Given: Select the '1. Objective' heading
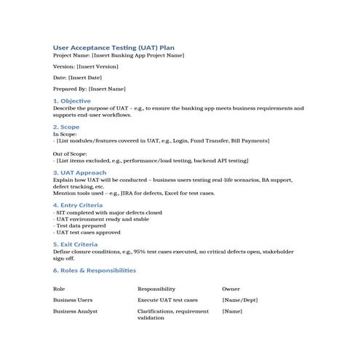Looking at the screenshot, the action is click(x=72, y=100).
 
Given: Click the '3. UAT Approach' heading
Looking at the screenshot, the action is click(x=80, y=173).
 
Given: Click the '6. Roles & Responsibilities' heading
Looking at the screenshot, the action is click(x=95, y=271).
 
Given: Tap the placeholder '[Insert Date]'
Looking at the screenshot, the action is click(x=85, y=77).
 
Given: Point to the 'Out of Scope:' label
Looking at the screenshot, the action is click(x=70, y=153).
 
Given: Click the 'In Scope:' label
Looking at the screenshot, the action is click(x=65, y=134).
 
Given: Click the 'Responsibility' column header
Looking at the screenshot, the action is click(x=156, y=289).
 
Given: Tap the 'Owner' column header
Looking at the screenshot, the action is click(x=231, y=289).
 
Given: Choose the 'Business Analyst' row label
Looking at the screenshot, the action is click(x=76, y=311).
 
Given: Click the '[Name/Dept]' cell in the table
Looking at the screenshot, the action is click(x=241, y=300).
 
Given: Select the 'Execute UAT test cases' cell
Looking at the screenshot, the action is click(x=167, y=300).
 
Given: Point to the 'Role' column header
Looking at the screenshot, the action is click(x=59, y=289).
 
